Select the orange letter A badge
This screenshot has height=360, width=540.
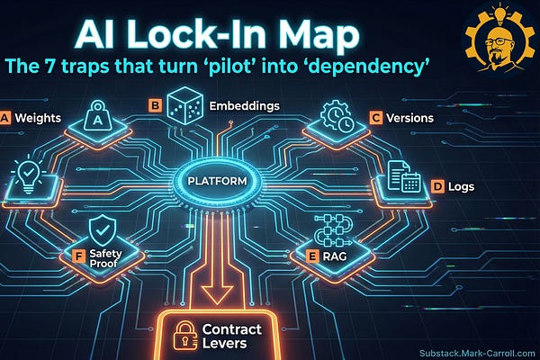7,117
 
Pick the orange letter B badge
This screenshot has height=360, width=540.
154,107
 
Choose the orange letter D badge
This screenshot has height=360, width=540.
438,187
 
